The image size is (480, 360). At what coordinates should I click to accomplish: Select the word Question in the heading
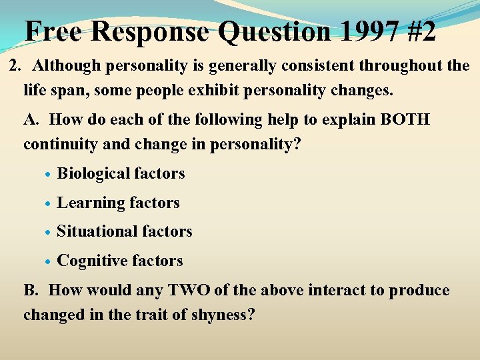pos(275,31)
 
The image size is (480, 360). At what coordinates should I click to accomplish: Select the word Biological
pos(93,174)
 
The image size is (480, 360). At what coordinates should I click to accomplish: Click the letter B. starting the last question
pos(32,290)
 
